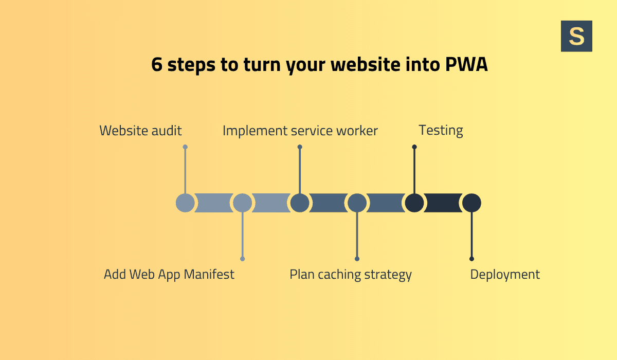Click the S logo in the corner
click(x=576, y=36)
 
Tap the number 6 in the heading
click(x=157, y=65)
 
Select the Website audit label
click(x=140, y=131)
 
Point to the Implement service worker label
click(x=300, y=131)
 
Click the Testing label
click(x=441, y=131)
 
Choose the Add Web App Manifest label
click(x=169, y=274)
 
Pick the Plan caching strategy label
click(x=351, y=274)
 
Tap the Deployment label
click(x=505, y=274)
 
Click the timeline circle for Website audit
click(x=185, y=203)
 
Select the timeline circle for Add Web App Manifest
click(x=243, y=203)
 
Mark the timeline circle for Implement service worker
click(x=300, y=203)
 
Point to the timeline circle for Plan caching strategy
click(x=357, y=203)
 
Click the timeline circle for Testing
click(x=414, y=203)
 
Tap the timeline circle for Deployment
click(x=471, y=203)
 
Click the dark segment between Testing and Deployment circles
click(x=443, y=203)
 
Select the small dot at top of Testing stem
click(x=414, y=147)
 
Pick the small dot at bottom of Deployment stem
click(x=471, y=259)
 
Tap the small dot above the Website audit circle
click(x=185, y=147)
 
